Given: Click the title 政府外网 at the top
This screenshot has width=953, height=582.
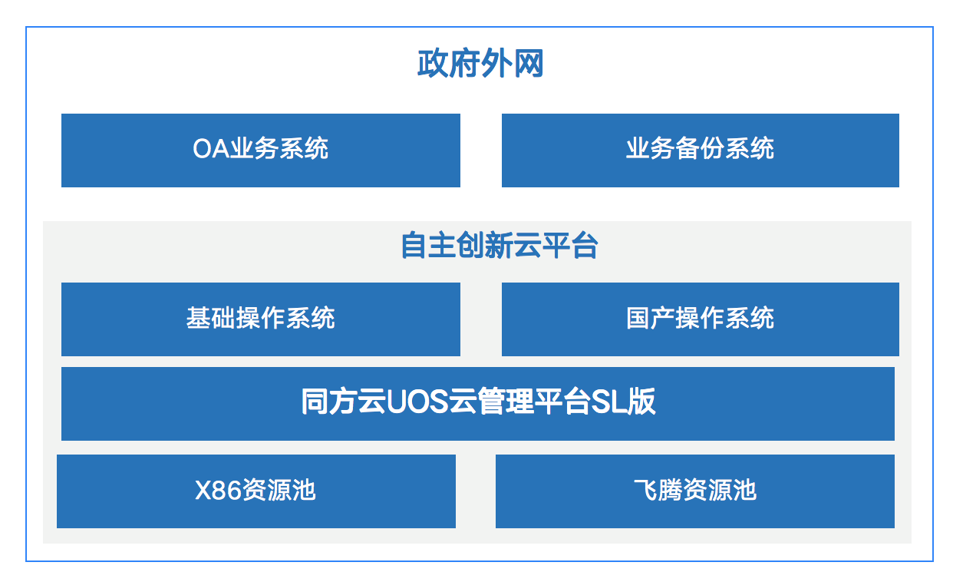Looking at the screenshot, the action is click(480, 64).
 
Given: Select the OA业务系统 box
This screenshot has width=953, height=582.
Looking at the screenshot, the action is click(261, 150).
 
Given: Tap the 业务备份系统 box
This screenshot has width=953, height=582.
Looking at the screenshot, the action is click(701, 150).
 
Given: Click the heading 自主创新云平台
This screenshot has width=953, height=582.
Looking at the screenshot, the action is click(500, 245).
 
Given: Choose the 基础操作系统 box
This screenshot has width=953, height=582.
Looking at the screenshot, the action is click(261, 319).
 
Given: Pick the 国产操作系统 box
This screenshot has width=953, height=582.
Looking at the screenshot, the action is click(701, 319).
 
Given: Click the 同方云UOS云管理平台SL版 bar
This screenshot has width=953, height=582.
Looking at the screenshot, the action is click(478, 404).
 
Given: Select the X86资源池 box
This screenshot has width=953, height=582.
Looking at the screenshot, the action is click(256, 491).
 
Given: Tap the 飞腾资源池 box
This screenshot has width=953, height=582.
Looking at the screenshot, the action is click(695, 491).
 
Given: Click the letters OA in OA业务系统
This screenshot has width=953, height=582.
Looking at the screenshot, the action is click(212, 149).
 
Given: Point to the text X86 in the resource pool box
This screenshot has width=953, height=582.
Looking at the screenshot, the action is click(218, 490).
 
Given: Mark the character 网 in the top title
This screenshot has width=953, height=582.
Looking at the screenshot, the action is click(529, 64).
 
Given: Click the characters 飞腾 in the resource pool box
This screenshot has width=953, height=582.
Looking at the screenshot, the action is click(658, 490).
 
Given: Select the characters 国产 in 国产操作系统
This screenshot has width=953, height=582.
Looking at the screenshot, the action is click(651, 318).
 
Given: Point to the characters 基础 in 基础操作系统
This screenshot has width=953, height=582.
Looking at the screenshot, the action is click(211, 318).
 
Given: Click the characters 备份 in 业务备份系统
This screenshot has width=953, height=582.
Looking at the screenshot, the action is click(700, 149).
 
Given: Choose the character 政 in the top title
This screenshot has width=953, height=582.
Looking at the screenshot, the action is click(432, 64).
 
